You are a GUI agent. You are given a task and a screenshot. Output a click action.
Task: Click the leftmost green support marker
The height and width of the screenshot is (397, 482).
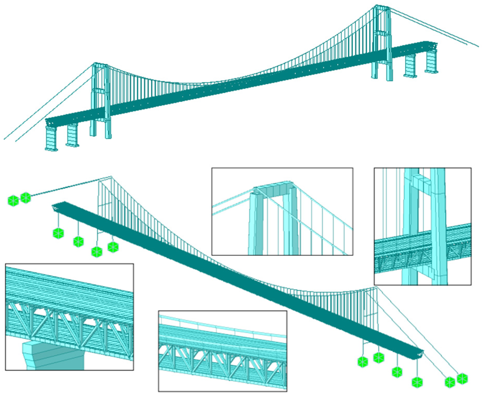point(13,201)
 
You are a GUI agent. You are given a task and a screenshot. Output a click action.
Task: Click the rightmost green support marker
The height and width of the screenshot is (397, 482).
point(462,378)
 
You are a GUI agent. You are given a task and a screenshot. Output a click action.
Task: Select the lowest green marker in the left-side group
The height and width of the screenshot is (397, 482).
point(97,252)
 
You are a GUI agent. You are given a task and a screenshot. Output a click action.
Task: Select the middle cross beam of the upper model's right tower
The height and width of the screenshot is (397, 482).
point(381,33)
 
